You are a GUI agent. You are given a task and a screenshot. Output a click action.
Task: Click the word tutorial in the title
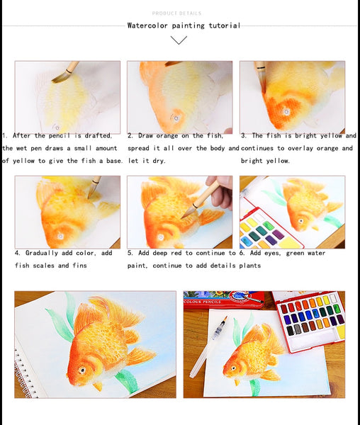pyautogui.click(x=224, y=25)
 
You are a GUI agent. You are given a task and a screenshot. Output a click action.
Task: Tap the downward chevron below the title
pyautogui.click(x=179, y=40)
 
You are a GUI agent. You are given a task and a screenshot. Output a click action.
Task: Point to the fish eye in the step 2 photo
pyautogui.click(x=176, y=118)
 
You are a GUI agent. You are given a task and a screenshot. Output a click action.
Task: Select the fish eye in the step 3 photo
pyautogui.click(x=286, y=111)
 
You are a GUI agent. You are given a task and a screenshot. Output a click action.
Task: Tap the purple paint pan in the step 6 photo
pyautogui.click(x=278, y=234)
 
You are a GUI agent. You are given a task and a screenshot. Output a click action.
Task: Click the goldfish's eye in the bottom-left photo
pyautogui.click(x=82, y=370)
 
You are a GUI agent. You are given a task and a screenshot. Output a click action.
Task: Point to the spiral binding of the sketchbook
pyautogui.click(x=24, y=374)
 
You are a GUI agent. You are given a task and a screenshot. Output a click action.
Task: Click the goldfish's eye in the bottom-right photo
pyautogui.click(x=233, y=368)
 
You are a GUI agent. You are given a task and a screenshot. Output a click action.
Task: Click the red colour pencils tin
pyautogui.click(x=224, y=300)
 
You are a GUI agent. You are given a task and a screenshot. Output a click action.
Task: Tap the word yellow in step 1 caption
pyautogui.click(x=24, y=161)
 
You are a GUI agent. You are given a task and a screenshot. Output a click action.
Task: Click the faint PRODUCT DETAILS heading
pyautogui.click(x=176, y=13)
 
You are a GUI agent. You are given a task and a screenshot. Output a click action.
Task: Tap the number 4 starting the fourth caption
pyautogui.click(x=17, y=253)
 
